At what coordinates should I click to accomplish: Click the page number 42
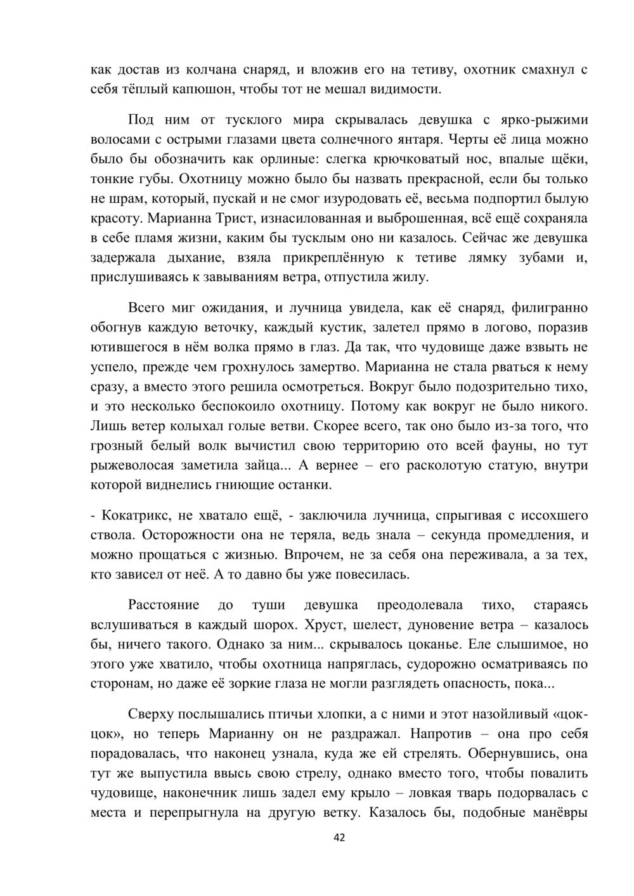click(x=339, y=838)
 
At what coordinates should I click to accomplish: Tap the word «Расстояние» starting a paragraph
click(x=164, y=605)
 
